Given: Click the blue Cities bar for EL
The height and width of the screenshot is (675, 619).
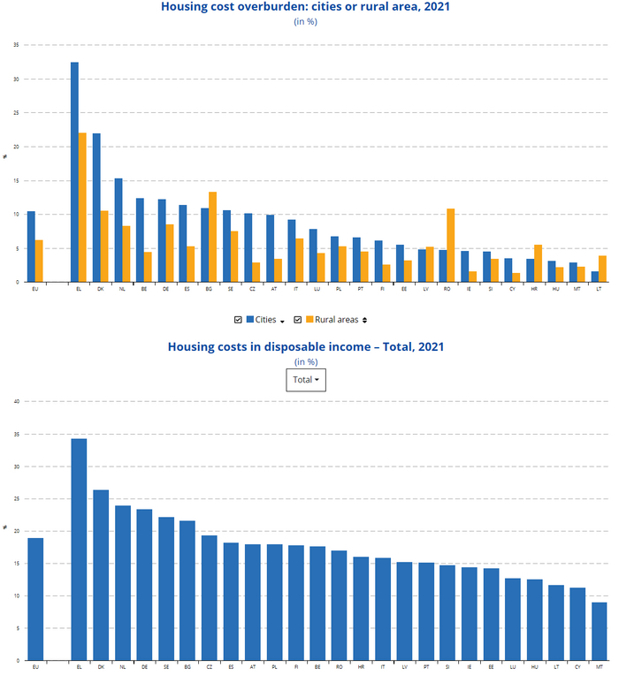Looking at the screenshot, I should pyautogui.click(x=74, y=172).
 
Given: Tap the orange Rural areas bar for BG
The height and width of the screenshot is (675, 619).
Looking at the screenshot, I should pyautogui.click(x=212, y=237).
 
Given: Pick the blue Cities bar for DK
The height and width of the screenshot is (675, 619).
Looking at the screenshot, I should pyautogui.click(x=96, y=208).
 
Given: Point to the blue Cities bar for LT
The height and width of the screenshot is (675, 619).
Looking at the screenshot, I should pyautogui.click(x=594, y=277).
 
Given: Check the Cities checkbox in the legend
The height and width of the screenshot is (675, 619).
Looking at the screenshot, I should pyautogui.click(x=238, y=319).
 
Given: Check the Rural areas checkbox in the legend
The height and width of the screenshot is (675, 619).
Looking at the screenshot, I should pyautogui.click(x=298, y=319).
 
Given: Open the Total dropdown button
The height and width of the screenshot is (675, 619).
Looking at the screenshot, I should pyautogui.click(x=306, y=380).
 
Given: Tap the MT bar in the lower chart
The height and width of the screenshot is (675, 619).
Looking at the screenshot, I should pyautogui.click(x=600, y=631).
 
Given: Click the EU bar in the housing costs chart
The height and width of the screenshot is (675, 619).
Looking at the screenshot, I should pyautogui.click(x=35, y=599).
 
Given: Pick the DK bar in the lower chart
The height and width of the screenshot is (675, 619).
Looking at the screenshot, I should pyautogui.click(x=101, y=575).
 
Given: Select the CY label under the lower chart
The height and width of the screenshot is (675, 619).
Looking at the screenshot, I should pyautogui.click(x=577, y=666).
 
